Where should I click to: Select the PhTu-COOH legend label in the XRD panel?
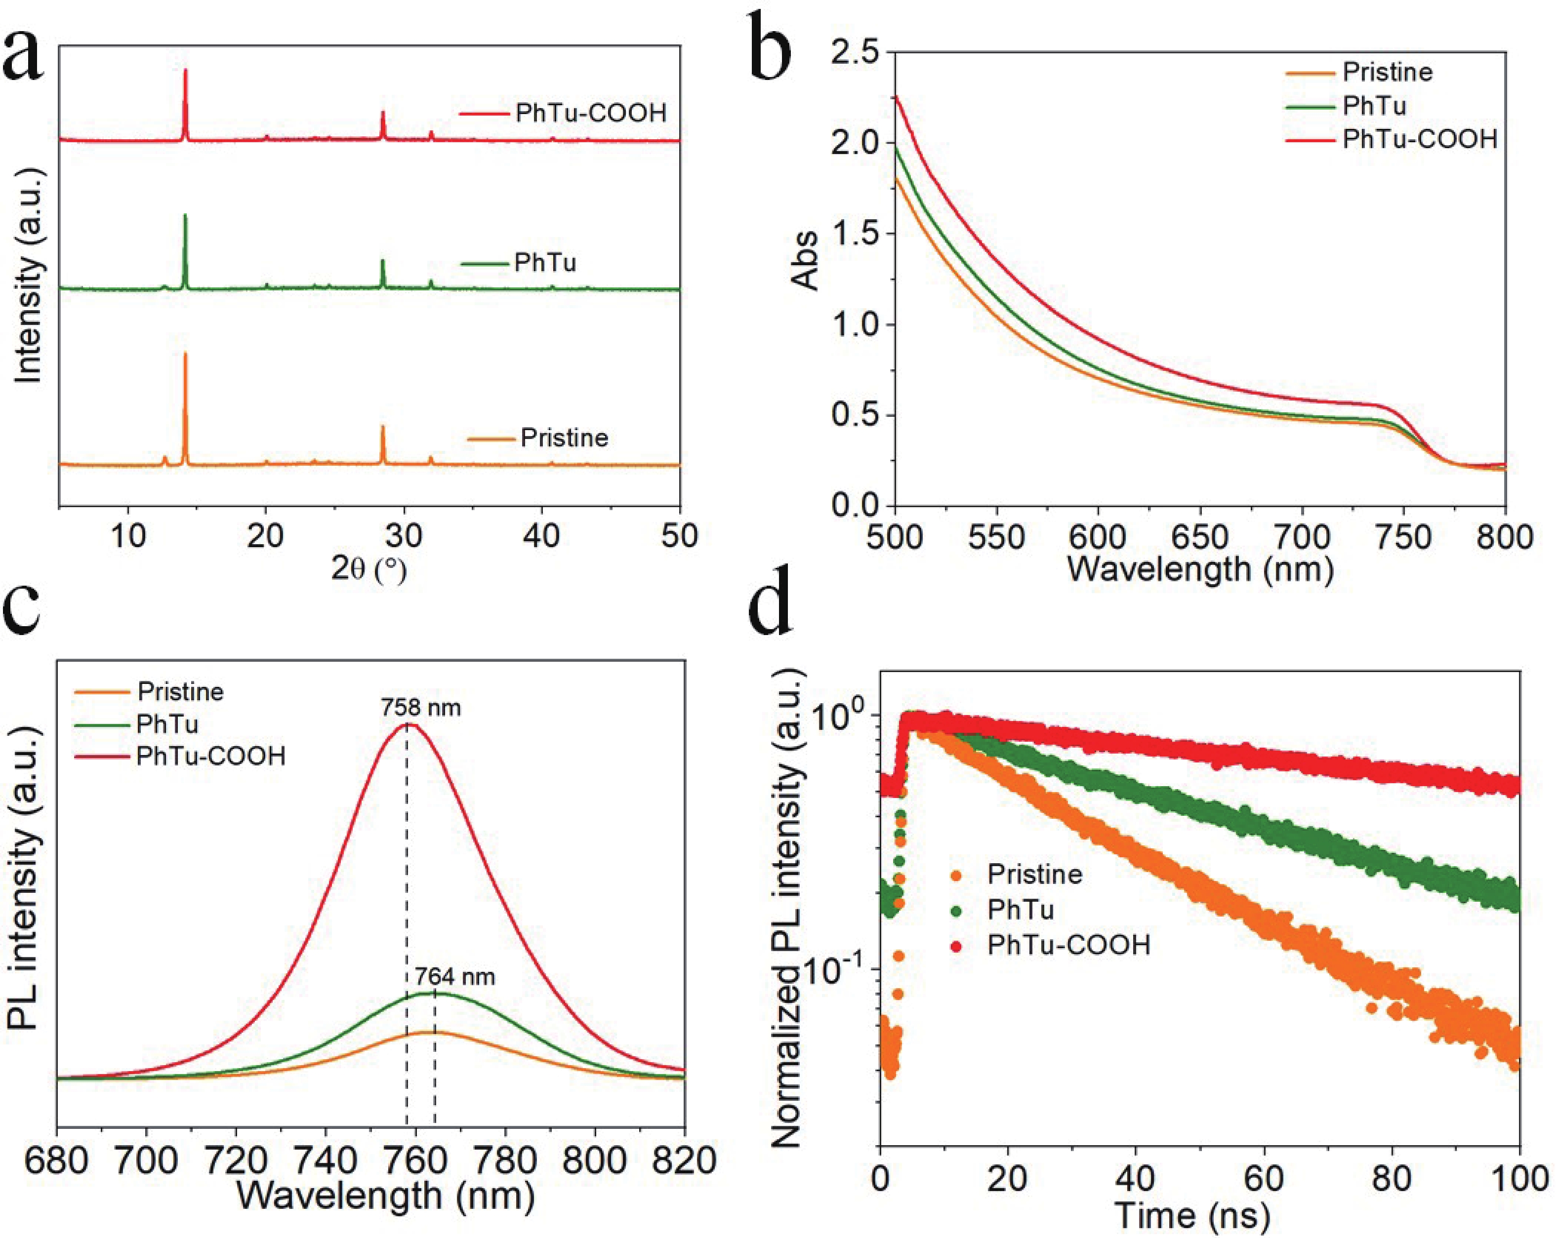point(590,113)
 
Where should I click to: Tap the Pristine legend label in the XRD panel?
point(565,438)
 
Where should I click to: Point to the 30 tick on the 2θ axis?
point(404,536)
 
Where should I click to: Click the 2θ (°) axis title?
point(369,570)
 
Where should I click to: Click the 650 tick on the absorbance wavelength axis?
point(1199,537)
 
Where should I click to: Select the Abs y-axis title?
point(806,260)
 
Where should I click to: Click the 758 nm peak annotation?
point(421,708)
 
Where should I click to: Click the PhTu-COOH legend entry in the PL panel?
point(211,756)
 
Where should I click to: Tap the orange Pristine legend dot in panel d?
point(957,875)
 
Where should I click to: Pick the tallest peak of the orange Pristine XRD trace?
point(185,354)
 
